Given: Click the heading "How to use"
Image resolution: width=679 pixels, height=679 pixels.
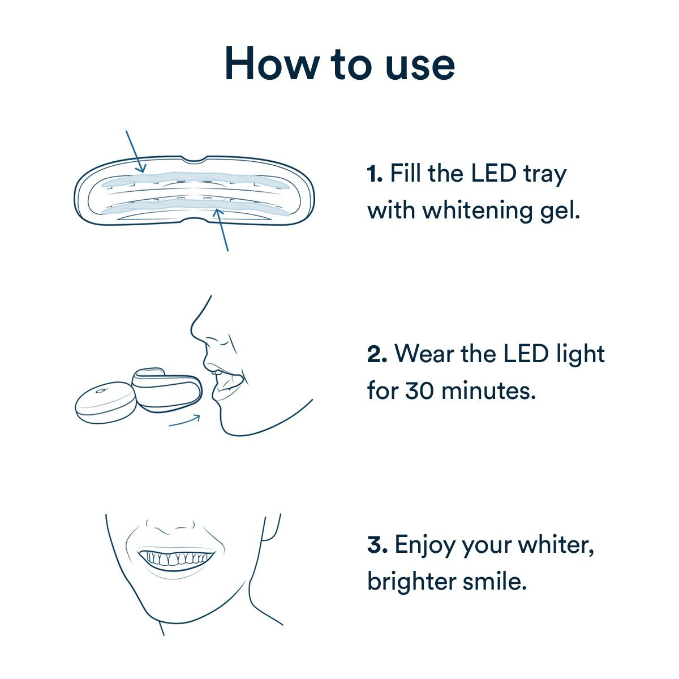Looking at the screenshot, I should [339, 63].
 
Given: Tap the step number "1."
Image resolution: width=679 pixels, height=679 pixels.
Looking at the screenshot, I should [375, 174].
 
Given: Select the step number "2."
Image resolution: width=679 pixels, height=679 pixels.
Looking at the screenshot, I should [377, 355].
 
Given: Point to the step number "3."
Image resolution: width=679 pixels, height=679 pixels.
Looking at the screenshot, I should [377, 545].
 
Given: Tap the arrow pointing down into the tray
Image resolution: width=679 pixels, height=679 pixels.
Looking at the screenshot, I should [135, 151].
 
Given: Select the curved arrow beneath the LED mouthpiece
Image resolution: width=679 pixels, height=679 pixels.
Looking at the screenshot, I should [185, 421].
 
